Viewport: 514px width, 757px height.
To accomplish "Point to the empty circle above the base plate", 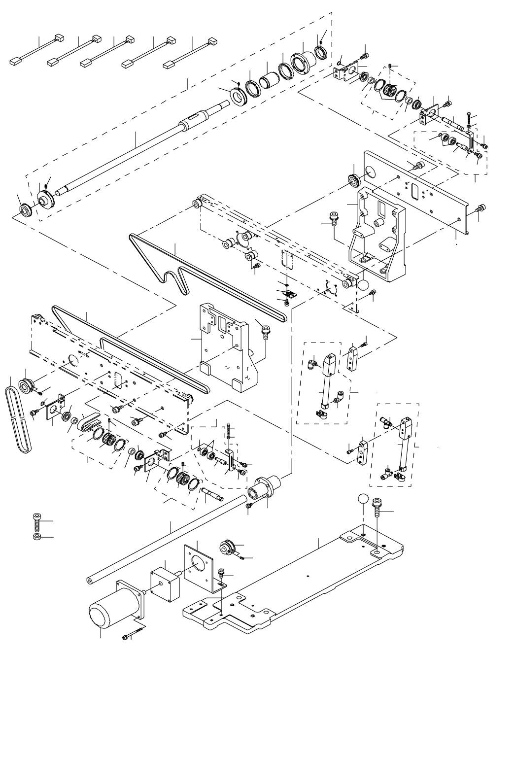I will click(363, 499).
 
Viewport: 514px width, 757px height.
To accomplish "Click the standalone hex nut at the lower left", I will click(36, 536).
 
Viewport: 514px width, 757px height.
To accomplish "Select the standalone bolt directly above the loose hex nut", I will click(37, 520).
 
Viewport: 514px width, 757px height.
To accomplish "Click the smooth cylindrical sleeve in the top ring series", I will click(269, 79).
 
